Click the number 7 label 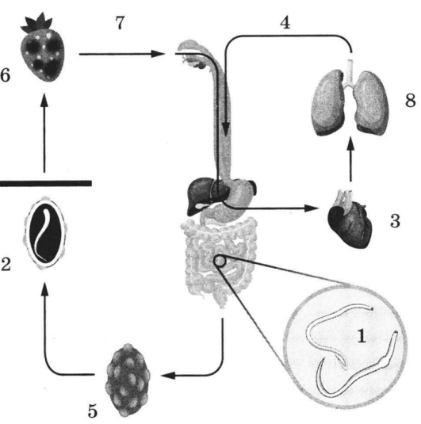[x=120, y=23]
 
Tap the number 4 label [x=285, y=23]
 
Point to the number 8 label [x=410, y=101]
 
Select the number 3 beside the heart [x=395, y=220]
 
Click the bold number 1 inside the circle [x=362, y=335]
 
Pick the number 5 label [x=93, y=411]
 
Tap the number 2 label [x=6, y=264]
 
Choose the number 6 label [x=6, y=75]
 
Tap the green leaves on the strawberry [x=37, y=22]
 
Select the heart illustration [x=350, y=220]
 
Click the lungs [x=350, y=100]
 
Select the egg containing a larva [x=45, y=233]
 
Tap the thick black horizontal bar [x=45, y=183]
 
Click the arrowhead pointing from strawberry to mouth [x=158, y=54]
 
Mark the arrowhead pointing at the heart [x=312, y=208]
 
